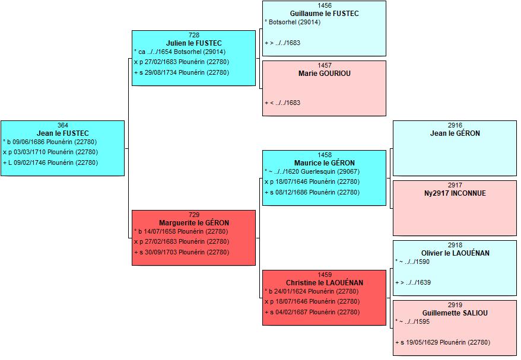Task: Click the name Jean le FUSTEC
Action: point(63,133)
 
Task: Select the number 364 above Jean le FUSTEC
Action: point(63,125)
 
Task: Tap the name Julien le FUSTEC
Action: point(193,43)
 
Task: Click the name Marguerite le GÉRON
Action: point(193,223)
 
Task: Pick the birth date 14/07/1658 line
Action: point(181,231)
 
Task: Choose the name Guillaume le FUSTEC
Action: point(325,14)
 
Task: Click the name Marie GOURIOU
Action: point(325,74)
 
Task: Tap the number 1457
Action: point(325,65)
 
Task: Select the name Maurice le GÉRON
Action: point(325,163)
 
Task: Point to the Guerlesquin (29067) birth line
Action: point(312,172)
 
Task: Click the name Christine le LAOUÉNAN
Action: point(325,283)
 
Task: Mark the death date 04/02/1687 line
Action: point(312,312)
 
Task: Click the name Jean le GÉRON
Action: point(455,133)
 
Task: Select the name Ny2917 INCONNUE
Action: point(455,193)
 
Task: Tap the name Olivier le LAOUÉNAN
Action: point(455,253)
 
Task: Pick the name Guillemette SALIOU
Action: point(455,313)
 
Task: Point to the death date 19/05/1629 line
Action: point(443,342)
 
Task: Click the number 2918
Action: point(455,245)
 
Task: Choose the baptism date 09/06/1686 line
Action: point(50,142)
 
